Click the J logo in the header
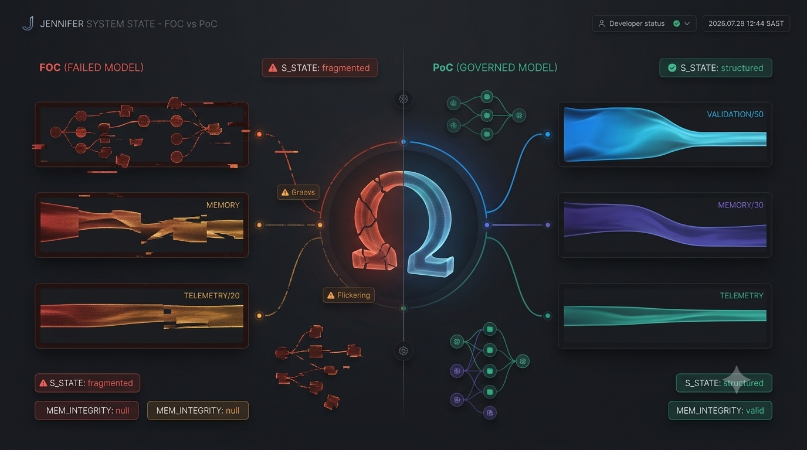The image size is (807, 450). click(x=28, y=23)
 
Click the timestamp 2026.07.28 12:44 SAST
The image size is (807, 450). click(x=746, y=23)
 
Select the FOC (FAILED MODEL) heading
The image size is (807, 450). click(x=91, y=68)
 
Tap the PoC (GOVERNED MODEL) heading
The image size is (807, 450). click(x=495, y=68)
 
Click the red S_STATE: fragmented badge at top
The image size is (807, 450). click(x=320, y=68)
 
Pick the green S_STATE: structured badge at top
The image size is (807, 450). click(x=716, y=68)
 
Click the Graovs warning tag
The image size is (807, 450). click(x=298, y=192)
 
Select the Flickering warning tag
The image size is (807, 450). click(x=349, y=295)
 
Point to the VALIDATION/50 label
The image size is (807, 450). click(x=735, y=114)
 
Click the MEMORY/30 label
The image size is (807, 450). click(x=740, y=205)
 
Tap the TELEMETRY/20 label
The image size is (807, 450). click(x=212, y=295)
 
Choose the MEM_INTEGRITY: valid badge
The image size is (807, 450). click(x=720, y=410)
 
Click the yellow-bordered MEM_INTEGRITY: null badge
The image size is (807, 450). click(x=198, y=410)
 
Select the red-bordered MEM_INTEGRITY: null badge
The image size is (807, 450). click(x=86, y=410)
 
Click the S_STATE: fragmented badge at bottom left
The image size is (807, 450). click(x=87, y=383)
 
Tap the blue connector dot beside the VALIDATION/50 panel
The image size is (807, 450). click(x=548, y=134)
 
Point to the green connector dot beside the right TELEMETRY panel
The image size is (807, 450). click(x=548, y=316)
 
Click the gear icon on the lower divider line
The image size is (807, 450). click(x=403, y=350)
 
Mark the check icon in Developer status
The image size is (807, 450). click(x=677, y=23)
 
